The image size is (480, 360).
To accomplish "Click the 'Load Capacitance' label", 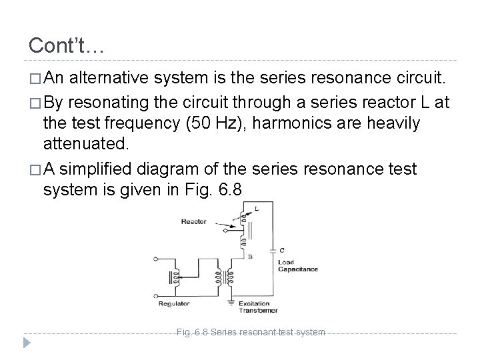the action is (297, 265).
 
